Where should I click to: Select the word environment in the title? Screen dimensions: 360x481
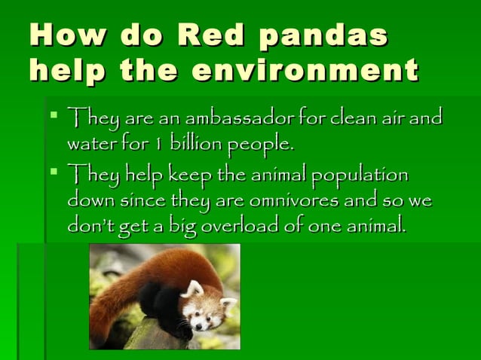click(x=305, y=70)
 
